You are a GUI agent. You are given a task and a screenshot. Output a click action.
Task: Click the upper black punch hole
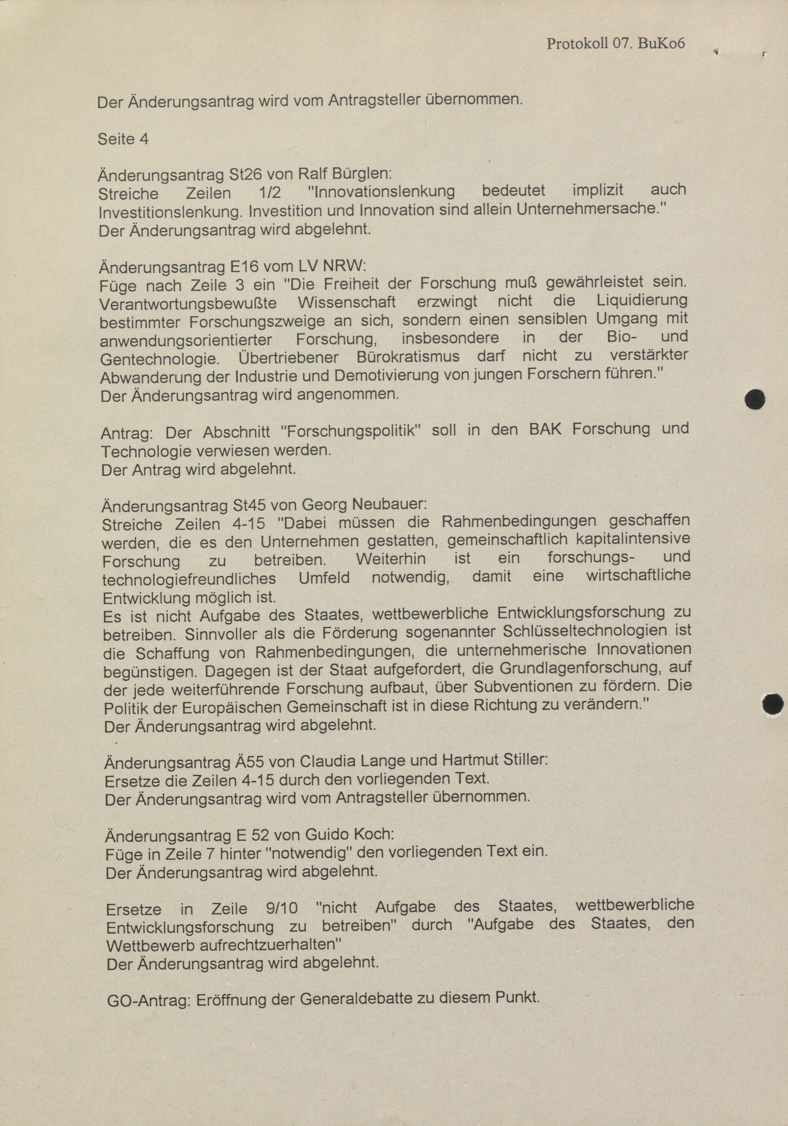point(755,399)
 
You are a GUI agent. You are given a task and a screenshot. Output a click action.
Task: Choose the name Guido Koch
point(349,834)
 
